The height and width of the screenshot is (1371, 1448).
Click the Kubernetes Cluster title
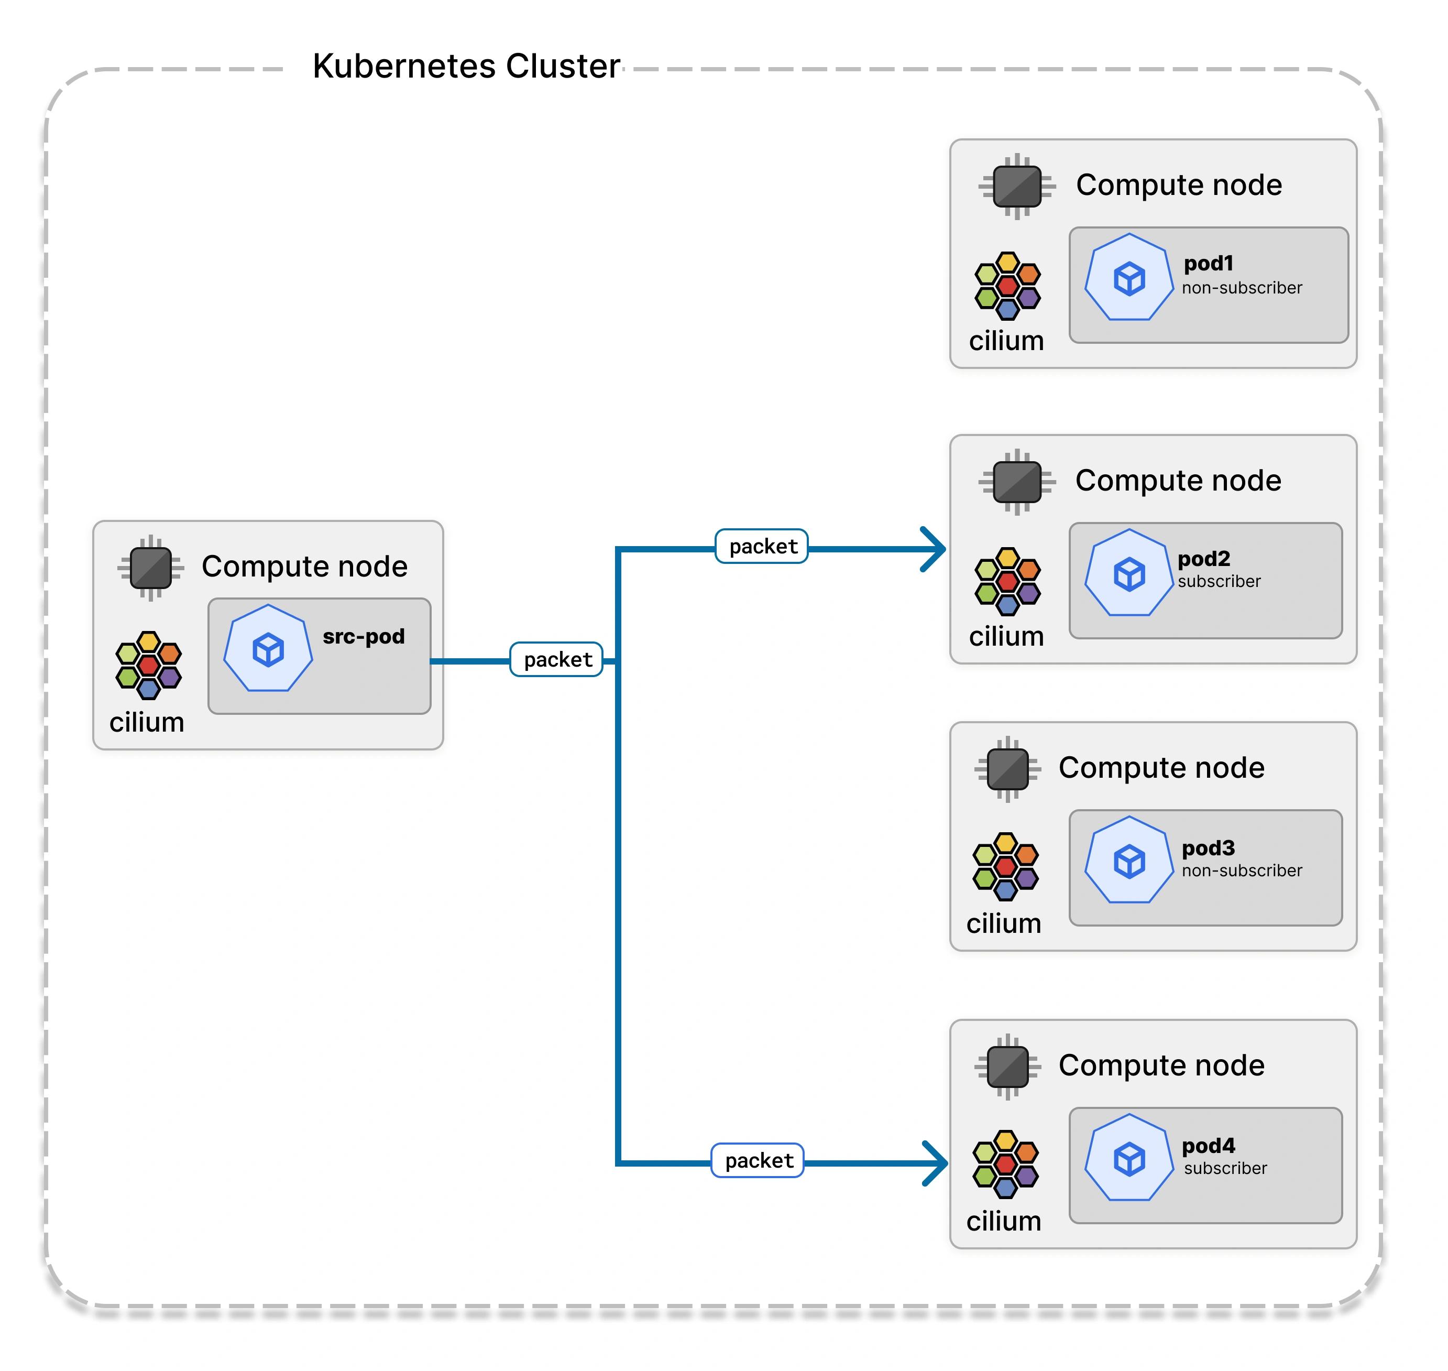point(466,66)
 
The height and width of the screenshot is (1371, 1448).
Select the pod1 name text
point(1209,263)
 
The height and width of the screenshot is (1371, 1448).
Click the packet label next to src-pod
point(557,659)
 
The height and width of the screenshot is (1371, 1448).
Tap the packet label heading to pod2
point(762,546)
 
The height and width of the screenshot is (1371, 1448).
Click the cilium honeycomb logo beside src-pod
point(148,665)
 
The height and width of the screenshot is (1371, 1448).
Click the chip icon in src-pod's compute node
point(150,568)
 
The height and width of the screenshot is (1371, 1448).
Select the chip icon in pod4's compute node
point(1007,1067)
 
